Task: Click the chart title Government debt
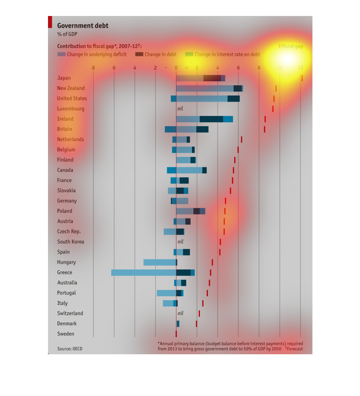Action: [x=83, y=26]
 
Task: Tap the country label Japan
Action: [x=64, y=78]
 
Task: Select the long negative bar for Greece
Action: [x=144, y=273]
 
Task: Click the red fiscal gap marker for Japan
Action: [x=302, y=78]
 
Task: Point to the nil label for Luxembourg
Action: [x=180, y=109]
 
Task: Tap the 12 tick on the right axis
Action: [x=300, y=68]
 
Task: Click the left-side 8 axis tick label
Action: [x=93, y=68]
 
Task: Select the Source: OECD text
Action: [x=70, y=349]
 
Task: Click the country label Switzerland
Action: [x=70, y=313]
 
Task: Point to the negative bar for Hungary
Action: [x=160, y=262]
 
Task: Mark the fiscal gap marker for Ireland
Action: [x=265, y=119]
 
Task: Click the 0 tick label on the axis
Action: [x=176, y=68]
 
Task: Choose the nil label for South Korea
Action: [x=180, y=242]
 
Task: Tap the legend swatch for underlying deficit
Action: [x=61, y=55]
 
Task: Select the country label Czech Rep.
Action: [x=69, y=232]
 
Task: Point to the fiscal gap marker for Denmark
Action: [x=196, y=324]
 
